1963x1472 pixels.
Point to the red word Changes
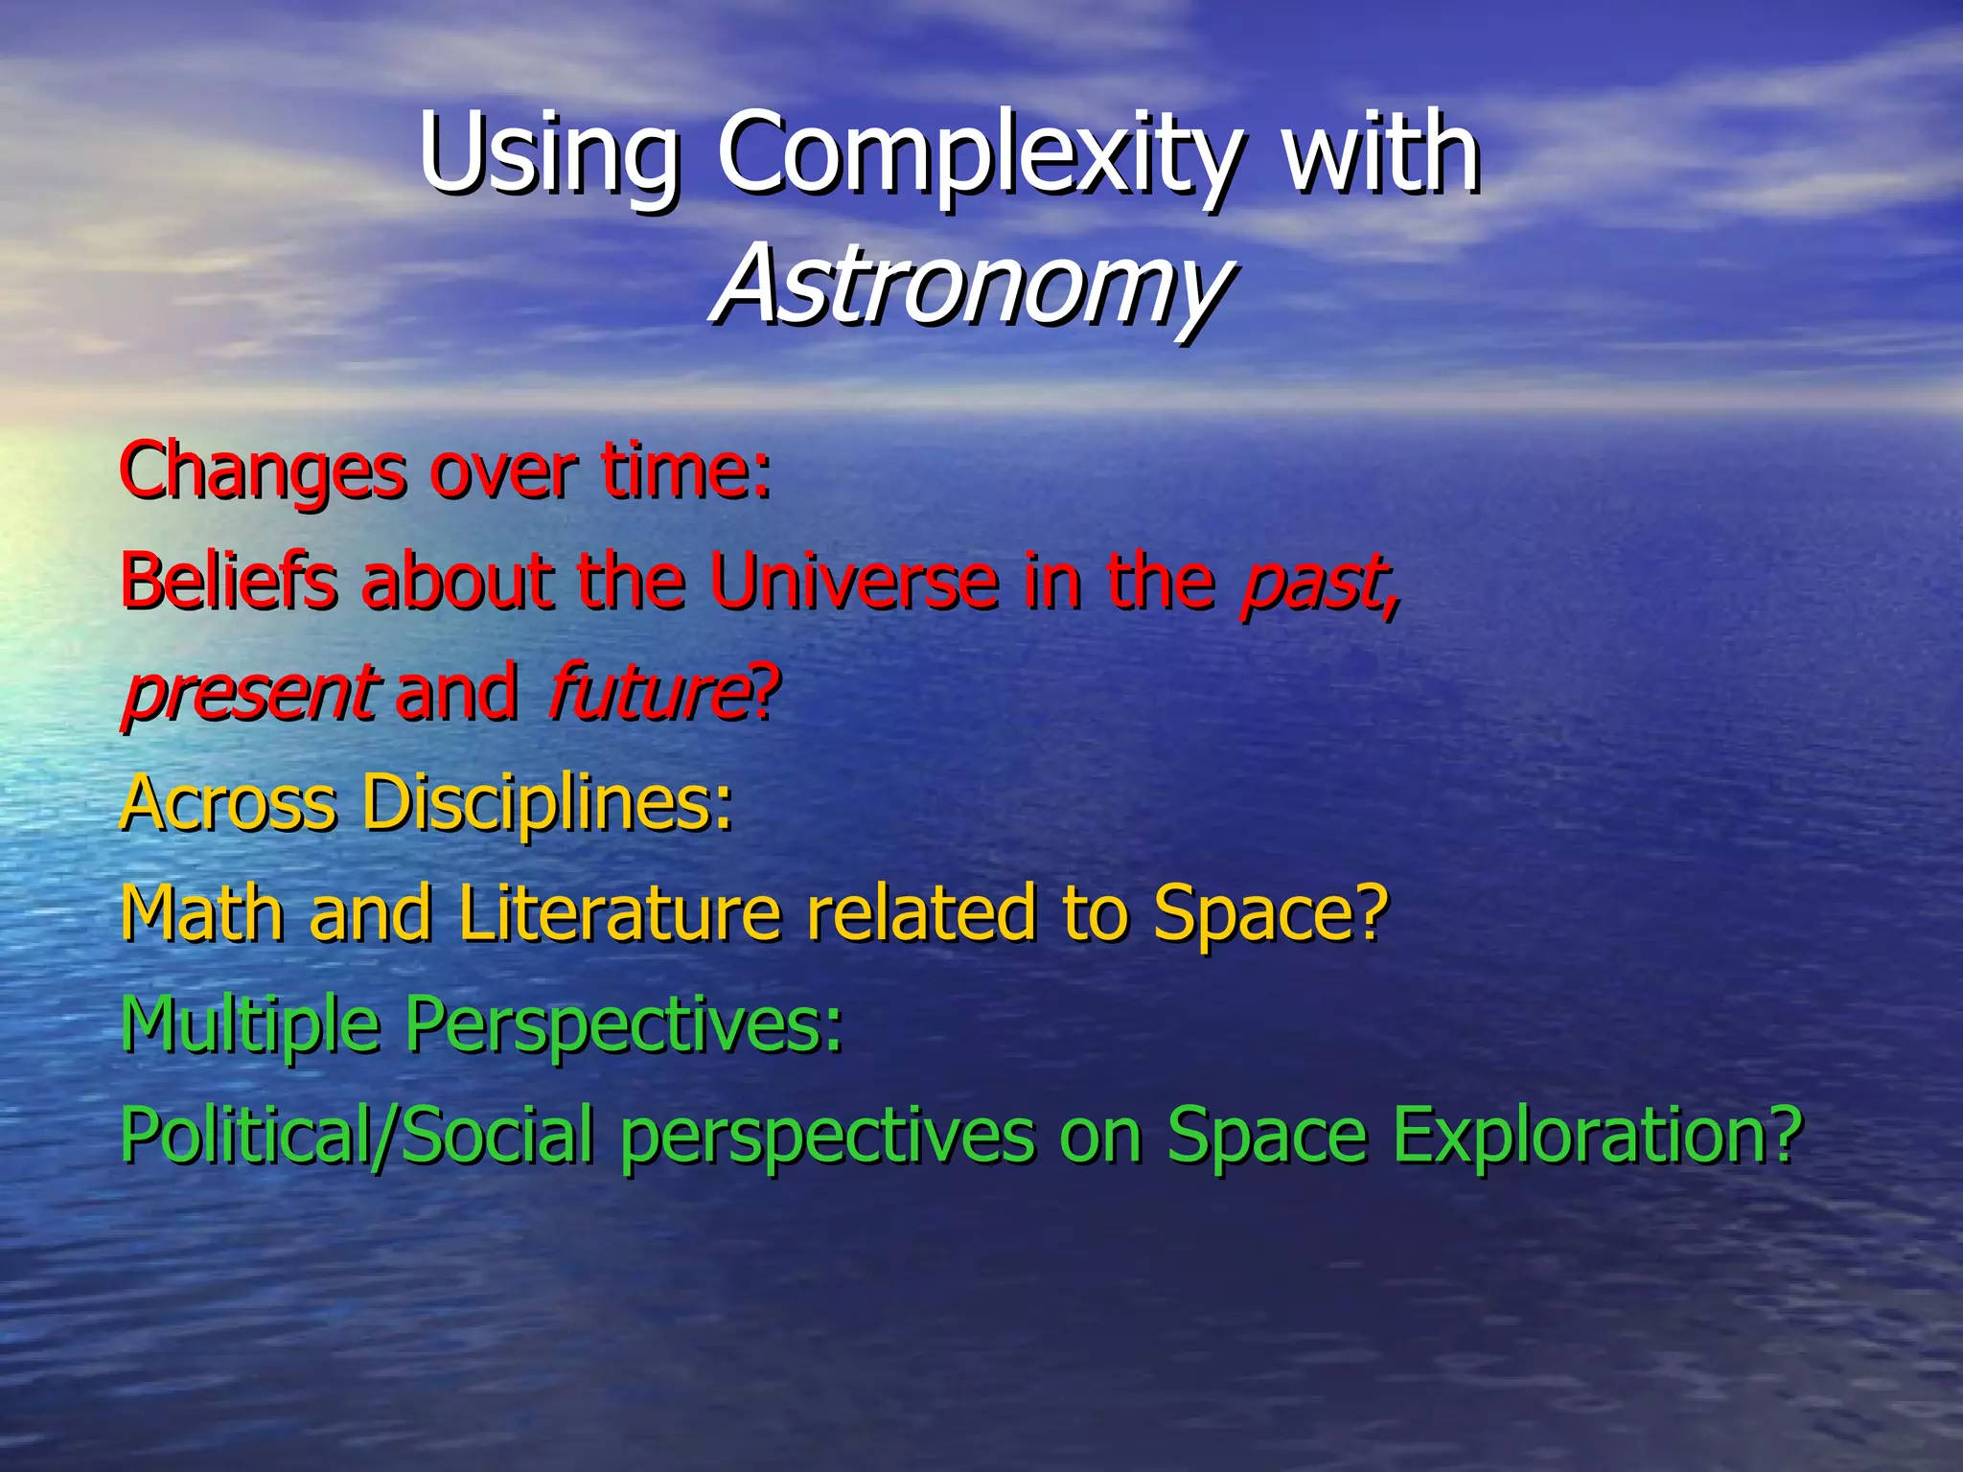[x=263, y=472]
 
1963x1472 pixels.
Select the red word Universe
[x=853, y=582]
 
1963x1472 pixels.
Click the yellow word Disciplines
[x=546, y=803]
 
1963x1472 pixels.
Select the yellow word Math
[x=202, y=913]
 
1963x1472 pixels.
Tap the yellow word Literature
[x=618, y=913]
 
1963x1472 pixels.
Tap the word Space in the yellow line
[x=1267, y=913]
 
